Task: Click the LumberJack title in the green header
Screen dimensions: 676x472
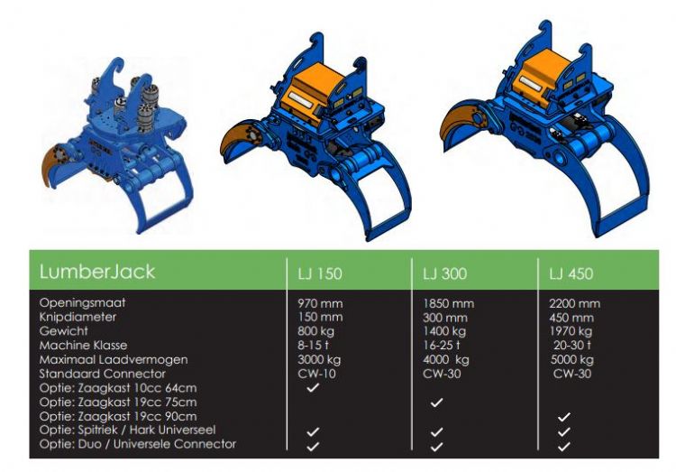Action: click(x=97, y=272)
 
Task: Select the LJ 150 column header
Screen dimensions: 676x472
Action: click(x=320, y=273)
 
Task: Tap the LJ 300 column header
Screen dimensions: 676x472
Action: click(x=444, y=273)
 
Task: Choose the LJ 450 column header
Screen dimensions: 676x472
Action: click(x=571, y=273)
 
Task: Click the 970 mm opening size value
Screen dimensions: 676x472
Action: click(x=320, y=303)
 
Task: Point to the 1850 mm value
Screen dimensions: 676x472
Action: click(x=448, y=303)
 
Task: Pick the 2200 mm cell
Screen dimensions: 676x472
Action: click(x=575, y=303)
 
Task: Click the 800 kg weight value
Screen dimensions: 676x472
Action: click(x=315, y=331)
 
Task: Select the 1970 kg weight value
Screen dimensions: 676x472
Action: click(x=571, y=331)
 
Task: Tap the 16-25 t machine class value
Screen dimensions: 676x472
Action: click(x=442, y=345)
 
